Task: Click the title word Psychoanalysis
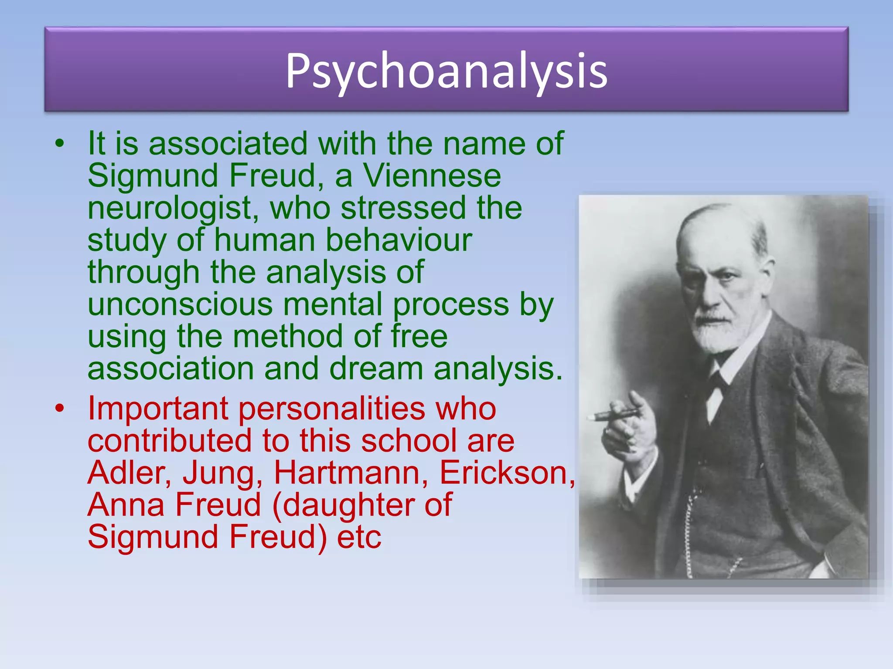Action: click(446, 71)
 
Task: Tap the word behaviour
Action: click(399, 240)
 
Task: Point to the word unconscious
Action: click(180, 304)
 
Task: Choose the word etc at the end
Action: click(359, 537)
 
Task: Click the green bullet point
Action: click(60, 143)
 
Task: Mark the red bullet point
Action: click(60, 408)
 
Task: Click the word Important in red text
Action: click(158, 409)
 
